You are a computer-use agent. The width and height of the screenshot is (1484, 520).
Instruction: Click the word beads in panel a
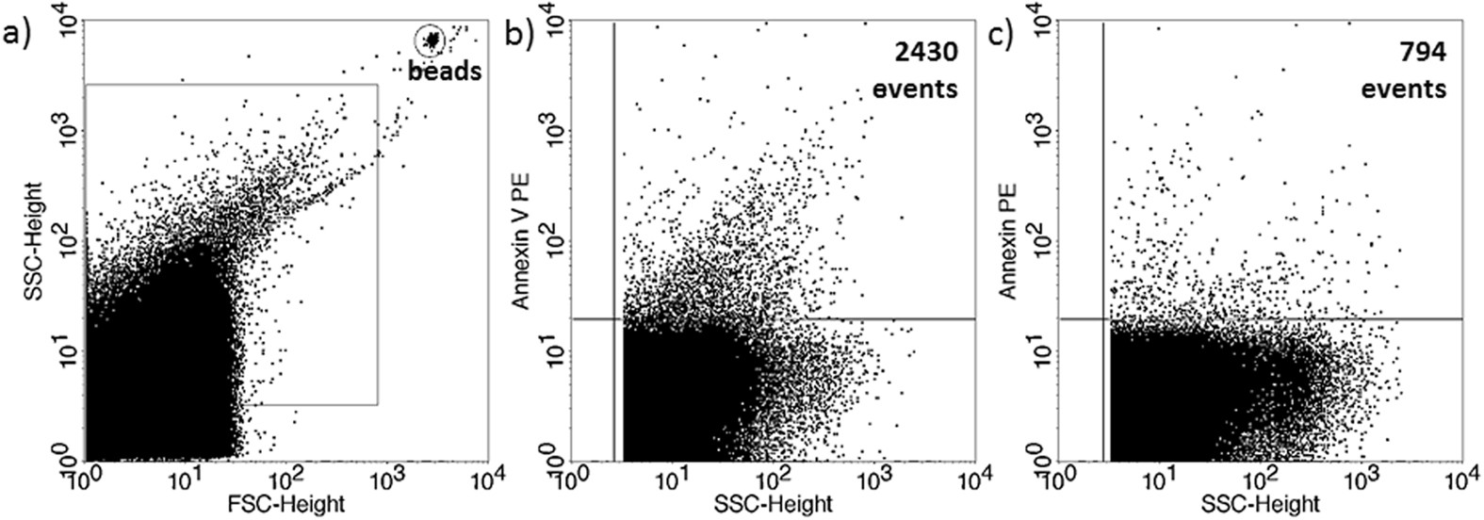pyautogui.click(x=442, y=70)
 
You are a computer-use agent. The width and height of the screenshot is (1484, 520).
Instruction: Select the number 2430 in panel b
pyautogui.click(x=927, y=53)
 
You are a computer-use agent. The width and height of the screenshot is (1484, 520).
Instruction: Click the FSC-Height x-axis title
pyautogui.click(x=285, y=504)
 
